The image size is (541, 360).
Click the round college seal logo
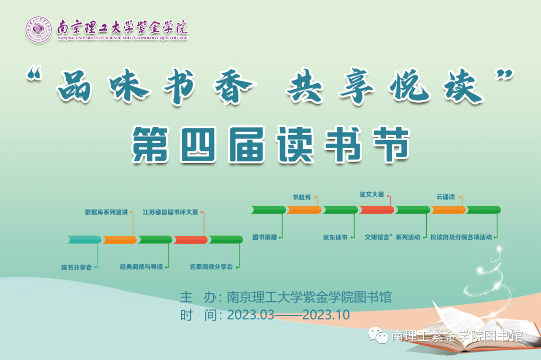coord(39,30)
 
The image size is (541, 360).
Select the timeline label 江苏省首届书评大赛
coord(170,212)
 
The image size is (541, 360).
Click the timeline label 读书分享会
coord(76,267)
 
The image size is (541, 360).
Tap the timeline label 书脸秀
coord(302,197)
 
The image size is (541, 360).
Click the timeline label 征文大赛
coord(372,194)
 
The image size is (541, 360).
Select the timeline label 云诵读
coord(445,197)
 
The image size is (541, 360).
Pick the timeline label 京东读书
coord(335,237)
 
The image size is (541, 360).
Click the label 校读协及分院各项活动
coord(464,237)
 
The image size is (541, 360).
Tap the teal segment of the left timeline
coord(84,240)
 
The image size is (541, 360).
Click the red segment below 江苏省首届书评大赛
coord(190,240)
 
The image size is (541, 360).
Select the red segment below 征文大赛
coord(376,210)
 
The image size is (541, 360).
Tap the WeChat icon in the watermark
coord(379,335)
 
